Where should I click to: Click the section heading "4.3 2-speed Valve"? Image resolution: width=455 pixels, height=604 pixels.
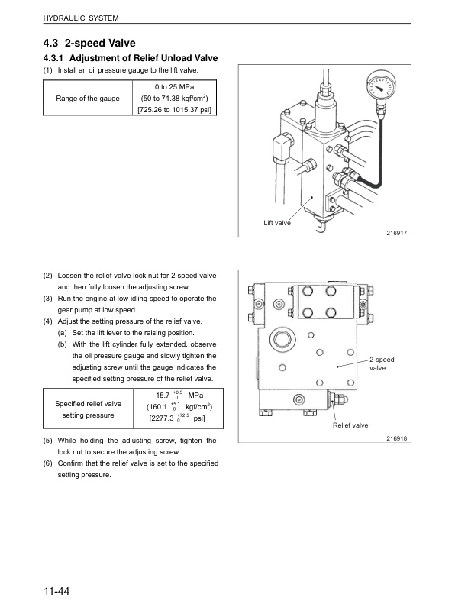click(89, 43)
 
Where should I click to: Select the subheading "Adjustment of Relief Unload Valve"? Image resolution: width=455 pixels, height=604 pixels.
click(144, 58)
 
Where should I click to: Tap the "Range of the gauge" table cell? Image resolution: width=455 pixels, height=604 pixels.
click(88, 99)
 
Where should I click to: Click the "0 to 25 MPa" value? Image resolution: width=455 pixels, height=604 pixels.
click(174, 87)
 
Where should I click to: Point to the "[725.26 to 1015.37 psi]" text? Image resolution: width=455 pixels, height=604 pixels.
click(175, 110)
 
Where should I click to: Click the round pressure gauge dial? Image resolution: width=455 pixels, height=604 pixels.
click(381, 86)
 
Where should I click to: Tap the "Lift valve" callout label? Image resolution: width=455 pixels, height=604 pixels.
click(277, 223)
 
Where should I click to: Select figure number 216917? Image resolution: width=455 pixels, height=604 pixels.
click(397, 233)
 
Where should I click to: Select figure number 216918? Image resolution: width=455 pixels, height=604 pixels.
click(397, 438)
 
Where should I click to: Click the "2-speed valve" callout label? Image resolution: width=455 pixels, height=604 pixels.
click(382, 363)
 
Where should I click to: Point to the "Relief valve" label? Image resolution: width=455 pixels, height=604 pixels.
click(350, 425)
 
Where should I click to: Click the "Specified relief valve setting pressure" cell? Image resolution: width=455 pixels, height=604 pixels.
click(89, 409)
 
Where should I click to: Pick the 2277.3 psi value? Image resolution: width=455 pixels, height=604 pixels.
click(177, 418)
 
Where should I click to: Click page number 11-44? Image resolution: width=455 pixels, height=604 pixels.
click(56, 591)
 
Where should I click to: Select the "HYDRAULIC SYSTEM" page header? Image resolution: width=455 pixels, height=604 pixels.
click(81, 18)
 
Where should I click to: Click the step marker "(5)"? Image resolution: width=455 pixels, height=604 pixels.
click(48, 441)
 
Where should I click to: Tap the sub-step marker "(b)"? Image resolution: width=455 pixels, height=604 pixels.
click(62, 344)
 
